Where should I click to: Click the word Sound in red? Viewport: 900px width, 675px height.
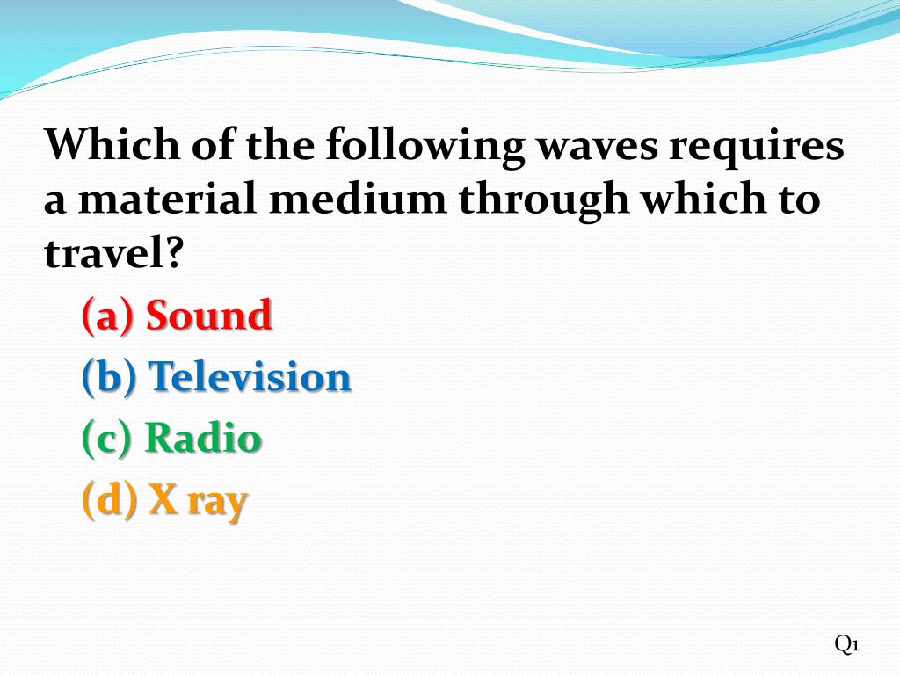(x=209, y=316)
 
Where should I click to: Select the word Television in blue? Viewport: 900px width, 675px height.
(x=250, y=377)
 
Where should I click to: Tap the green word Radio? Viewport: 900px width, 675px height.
(x=203, y=439)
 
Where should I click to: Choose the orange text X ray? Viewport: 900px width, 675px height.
(x=198, y=500)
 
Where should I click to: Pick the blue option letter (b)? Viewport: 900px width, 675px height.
(x=109, y=378)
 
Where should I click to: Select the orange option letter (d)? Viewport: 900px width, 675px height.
(x=109, y=500)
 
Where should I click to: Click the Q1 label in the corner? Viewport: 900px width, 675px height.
(x=846, y=644)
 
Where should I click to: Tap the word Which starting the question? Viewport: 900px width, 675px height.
(x=104, y=145)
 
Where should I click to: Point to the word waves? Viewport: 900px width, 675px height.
(x=597, y=146)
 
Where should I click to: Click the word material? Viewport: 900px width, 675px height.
(x=167, y=200)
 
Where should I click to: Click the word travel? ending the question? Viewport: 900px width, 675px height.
(x=114, y=254)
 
